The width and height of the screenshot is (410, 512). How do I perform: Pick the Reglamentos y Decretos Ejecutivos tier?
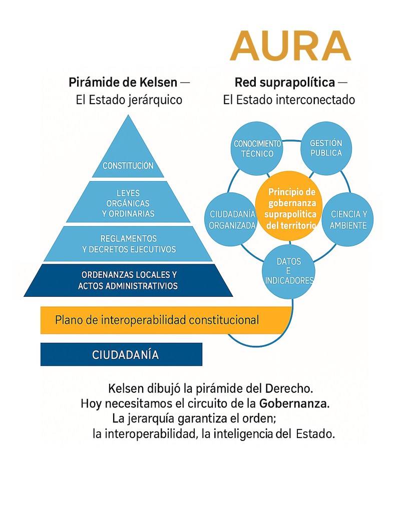point(128,244)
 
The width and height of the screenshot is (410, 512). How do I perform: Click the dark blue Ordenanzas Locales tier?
point(128,281)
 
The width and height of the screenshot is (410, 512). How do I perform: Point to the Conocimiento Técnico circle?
point(257,148)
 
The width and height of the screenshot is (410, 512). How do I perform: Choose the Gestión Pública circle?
point(326,148)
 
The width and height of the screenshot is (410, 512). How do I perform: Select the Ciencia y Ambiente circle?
point(349,220)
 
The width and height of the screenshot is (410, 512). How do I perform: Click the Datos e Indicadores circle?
point(289,271)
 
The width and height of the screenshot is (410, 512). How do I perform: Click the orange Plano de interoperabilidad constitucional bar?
point(165,320)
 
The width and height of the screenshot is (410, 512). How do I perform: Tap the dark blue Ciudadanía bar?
point(121,355)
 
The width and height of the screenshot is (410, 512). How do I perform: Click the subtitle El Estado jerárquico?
point(129,100)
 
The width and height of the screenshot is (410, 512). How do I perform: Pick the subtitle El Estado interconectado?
point(289,100)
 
